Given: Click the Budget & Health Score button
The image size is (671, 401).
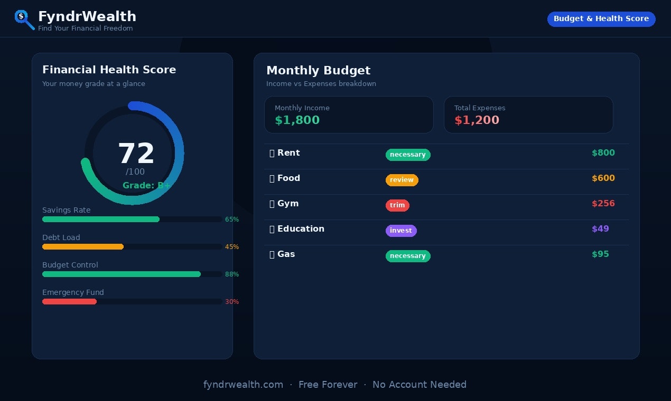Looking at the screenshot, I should click(601, 19).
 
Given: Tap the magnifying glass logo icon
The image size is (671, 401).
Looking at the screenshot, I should click(24, 20).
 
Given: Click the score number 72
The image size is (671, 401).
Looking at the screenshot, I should click(136, 154).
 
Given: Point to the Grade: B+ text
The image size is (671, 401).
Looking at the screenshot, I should click(146, 185).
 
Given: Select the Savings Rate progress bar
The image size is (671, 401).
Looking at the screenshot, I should click(101, 219).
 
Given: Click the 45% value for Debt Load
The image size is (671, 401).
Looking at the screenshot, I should click(232, 247).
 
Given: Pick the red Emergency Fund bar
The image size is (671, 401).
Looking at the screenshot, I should click(69, 302).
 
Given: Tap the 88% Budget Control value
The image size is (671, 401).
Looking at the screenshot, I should click(232, 274).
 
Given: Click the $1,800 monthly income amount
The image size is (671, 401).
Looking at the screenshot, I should click(297, 120).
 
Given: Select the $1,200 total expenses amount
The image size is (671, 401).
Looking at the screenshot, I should click(477, 120).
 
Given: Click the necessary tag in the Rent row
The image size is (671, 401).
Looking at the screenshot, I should click(408, 155).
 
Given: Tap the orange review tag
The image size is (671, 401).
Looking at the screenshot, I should click(402, 180).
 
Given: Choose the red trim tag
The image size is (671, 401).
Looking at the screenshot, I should click(397, 205).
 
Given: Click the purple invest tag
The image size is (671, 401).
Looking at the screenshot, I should click(401, 231).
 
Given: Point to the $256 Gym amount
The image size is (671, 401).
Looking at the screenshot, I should click(603, 204).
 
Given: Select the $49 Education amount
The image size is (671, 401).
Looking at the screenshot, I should click(600, 229).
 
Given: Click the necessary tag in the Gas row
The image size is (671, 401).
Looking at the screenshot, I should click(408, 256).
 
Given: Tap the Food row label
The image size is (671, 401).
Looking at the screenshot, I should click(288, 178).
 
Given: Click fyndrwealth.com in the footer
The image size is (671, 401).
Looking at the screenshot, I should click(243, 385).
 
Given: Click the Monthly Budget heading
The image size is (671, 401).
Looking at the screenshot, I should click(318, 71).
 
